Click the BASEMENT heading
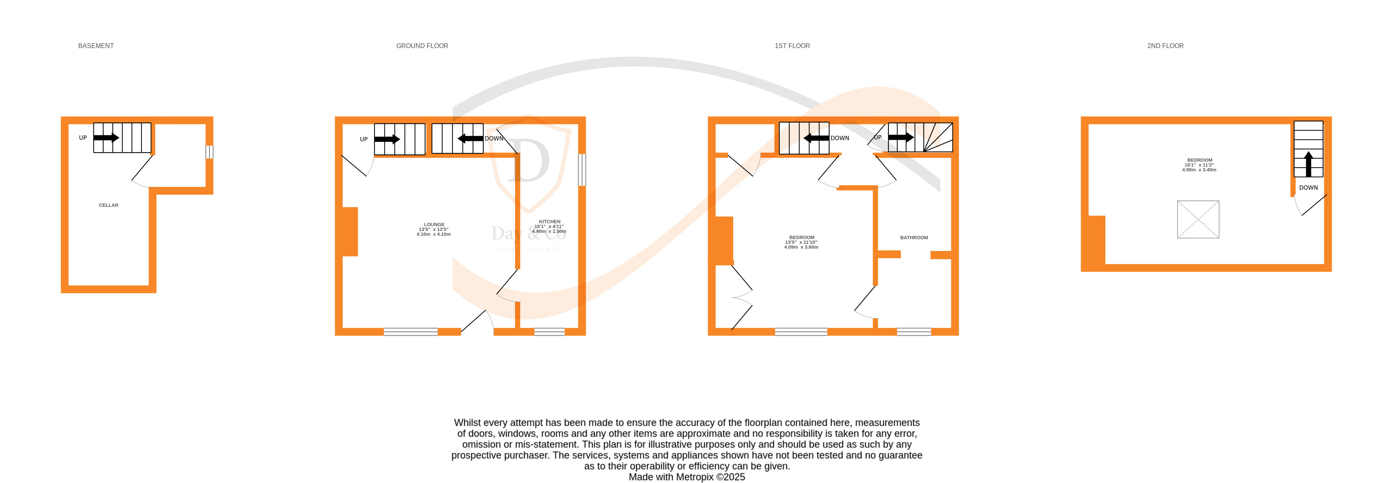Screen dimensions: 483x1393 pyautogui.click(x=96, y=46)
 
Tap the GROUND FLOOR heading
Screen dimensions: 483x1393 pyautogui.click(x=422, y=46)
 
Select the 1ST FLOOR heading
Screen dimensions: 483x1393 pyautogui.click(x=792, y=46)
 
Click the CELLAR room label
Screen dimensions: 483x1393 pyautogui.click(x=108, y=205)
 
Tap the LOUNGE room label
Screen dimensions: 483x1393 pyautogui.click(x=434, y=224)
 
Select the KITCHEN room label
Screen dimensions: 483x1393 pyautogui.click(x=549, y=222)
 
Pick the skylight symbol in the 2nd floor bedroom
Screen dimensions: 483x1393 pyautogui.click(x=1198, y=219)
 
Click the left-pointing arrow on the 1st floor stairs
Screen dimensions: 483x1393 pyautogui.click(x=815, y=138)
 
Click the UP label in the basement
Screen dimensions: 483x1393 pyautogui.click(x=83, y=138)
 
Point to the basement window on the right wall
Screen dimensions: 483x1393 pyautogui.click(x=209, y=152)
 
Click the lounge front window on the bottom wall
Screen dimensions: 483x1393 pyautogui.click(x=410, y=332)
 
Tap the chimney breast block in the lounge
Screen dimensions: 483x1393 pyautogui.click(x=350, y=232)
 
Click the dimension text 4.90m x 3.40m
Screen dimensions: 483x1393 pyautogui.click(x=1199, y=170)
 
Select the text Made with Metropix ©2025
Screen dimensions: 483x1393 pyautogui.click(x=686, y=477)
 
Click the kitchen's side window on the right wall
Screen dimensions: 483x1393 pyautogui.click(x=582, y=170)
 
